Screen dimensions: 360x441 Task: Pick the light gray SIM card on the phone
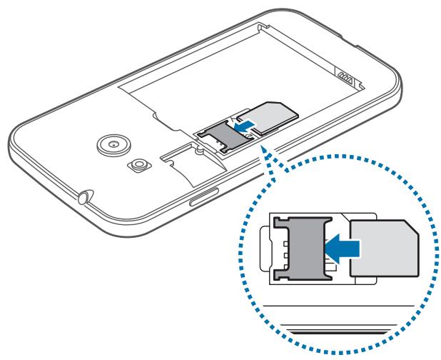270,118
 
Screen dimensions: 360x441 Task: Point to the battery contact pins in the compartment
348,74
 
